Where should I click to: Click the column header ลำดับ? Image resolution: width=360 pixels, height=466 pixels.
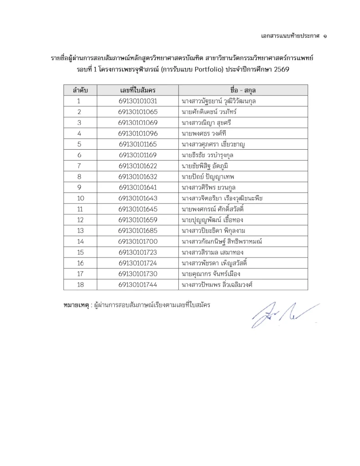[x=80, y=90]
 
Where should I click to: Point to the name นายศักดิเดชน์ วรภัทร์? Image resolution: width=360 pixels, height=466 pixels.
[x=209, y=112]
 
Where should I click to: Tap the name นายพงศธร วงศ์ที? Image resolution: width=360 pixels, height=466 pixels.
[x=203, y=133]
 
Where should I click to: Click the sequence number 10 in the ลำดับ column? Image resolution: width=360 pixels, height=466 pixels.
[x=80, y=198]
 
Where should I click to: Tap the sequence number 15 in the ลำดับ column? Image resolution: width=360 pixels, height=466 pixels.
[x=80, y=252]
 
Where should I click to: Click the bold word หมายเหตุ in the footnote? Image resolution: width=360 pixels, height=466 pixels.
[x=76, y=304]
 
